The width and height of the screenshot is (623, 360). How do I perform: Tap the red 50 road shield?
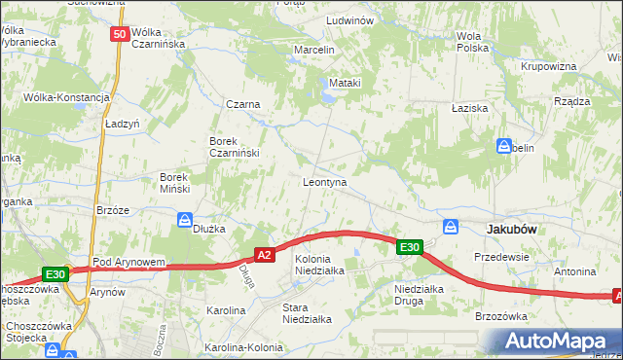click(x=120, y=34)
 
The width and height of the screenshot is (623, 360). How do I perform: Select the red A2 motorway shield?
click(x=263, y=255)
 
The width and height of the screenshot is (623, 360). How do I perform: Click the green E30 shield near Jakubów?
click(x=410, y=248)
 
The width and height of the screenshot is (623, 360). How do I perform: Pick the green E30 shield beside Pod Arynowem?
click(x=55, y=275)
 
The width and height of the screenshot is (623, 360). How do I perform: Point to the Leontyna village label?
click(x=325, y=182)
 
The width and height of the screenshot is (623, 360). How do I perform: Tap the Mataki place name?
click(x=345, y=83)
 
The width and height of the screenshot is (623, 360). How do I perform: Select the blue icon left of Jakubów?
click(x=451, y=227)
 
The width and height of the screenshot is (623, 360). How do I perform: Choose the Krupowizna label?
click(x=548, y=66)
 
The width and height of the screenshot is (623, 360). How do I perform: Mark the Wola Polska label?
click(x=472, y=42)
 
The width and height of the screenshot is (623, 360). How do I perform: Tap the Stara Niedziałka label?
click(x=307, y=312)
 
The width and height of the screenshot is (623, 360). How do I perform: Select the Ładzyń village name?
click(x=124, y=125)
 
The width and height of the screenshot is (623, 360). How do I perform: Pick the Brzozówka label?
click(x=501, y=316)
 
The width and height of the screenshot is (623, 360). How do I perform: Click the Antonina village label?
click(x=574, y=270)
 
